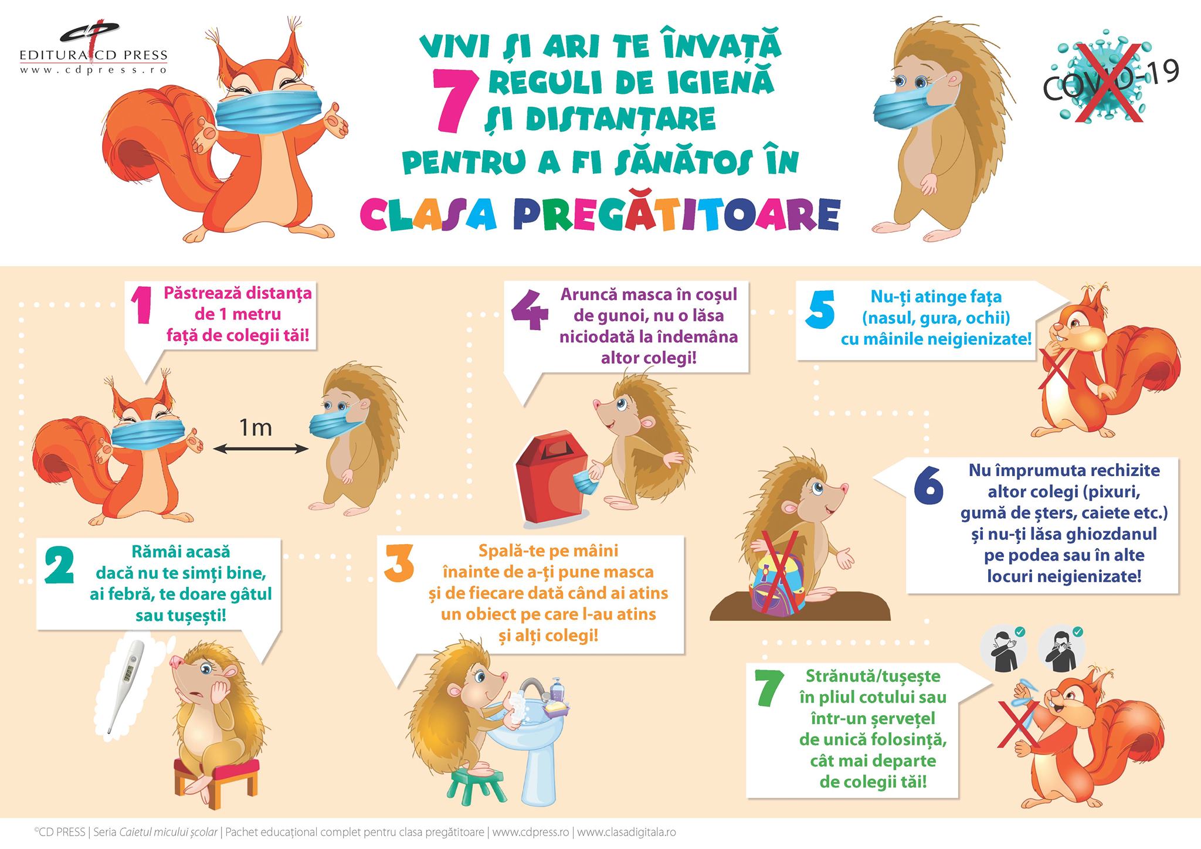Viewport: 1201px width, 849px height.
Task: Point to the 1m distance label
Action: (x=256, y=427)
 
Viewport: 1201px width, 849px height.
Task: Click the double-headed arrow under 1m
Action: (x=260, y=450)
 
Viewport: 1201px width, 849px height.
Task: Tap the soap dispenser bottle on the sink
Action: (x=557, y=688)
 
